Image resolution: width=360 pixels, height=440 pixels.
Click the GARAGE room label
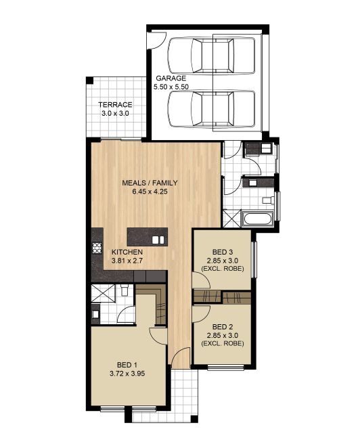pos(171,78)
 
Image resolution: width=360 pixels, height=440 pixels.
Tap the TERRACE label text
pos(115,105)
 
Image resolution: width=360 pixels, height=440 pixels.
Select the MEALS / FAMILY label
pos(150,183)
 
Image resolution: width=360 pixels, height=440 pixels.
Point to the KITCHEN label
pos(127,252)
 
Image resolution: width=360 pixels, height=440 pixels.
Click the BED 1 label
pos(127,365)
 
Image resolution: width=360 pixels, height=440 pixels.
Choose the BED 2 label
pos(223,327)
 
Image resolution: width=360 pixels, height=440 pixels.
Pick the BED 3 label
pos(223,252)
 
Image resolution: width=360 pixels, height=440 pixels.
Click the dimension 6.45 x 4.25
pos(150,192)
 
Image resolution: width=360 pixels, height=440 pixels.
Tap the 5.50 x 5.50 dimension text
pos(171,87)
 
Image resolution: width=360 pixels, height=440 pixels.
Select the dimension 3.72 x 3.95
pos(127,374)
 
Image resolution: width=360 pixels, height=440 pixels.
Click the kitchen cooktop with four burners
pos(97,248)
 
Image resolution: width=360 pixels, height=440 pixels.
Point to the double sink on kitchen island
pos(158,240)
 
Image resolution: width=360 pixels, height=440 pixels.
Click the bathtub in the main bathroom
pos(258,219)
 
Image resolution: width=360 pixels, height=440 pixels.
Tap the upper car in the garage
pos(212,56)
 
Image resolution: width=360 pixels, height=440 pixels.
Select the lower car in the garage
pos(212,109)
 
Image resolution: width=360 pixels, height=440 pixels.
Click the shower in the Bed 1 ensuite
pos(103,294)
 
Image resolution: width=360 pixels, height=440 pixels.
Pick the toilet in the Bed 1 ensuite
pos(124,290)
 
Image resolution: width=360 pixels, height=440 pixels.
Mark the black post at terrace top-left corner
pos(90,80)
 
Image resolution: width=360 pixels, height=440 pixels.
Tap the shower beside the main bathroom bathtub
pos(231,219)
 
